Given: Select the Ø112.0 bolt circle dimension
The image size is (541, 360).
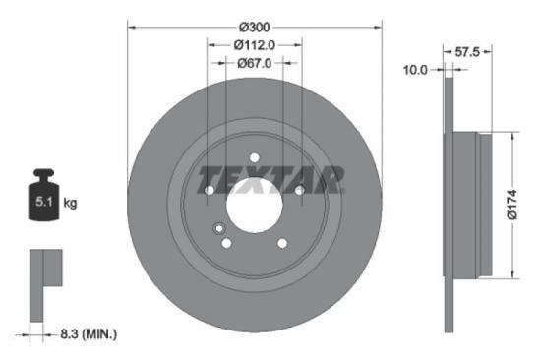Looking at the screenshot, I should (254, 44).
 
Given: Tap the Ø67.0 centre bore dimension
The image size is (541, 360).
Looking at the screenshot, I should (255, 62).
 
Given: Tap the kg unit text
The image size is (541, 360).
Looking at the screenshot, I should (70, 204).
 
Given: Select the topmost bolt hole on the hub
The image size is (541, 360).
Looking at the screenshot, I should (254, 156).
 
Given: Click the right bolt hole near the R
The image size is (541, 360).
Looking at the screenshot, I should (299, 190).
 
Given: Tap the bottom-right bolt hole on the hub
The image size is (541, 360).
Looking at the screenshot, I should (282, 243).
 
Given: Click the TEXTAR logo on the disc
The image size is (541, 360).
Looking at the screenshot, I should (271, 180).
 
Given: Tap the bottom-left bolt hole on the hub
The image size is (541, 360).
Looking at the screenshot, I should (226, 243).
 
